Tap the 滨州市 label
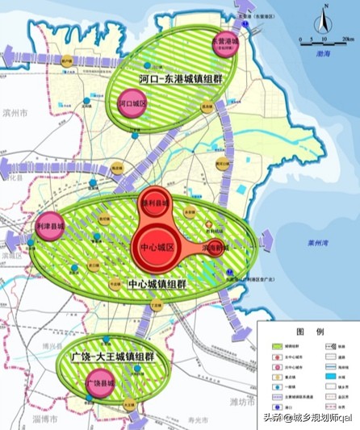coord(14,114)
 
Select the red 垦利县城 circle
coord(153,203)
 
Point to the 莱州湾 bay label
coord(306,243)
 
